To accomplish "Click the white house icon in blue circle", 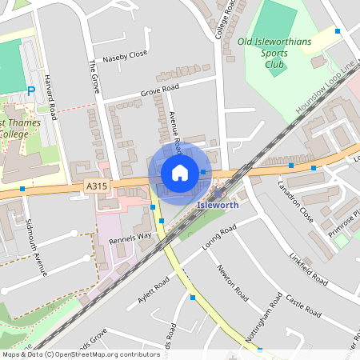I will click(180, 173).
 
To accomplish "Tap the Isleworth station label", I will click(218, 205).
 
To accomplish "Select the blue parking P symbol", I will click(31, 91).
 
